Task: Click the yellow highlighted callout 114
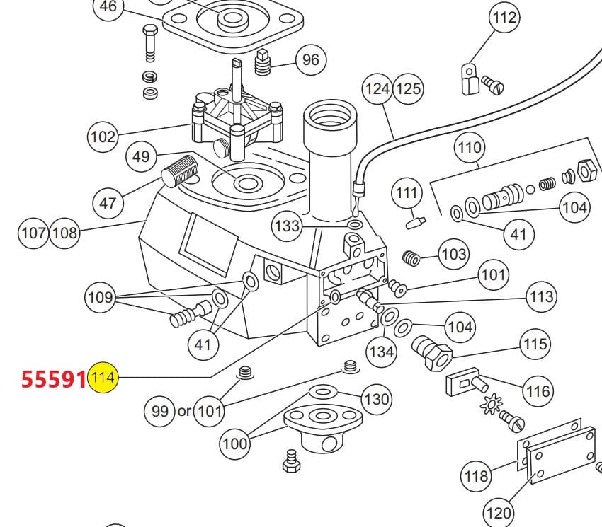(x=103, y=378)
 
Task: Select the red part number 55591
(x=53, y=379)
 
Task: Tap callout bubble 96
(x=311, y=59)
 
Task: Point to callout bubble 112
(x=504, y=18)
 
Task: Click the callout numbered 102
(x=103, y=137)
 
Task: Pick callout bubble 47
(x=108, y=203)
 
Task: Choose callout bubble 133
(x=288, y=226)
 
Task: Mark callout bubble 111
(x=407, y=193)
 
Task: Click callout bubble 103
(x=453, y=254)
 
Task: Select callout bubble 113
(x=541, y=296)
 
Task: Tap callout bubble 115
(x=535, y=344)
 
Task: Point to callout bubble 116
(x=538, y=391)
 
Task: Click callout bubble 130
(x=376, y=399)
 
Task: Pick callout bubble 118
(x=475, y=476)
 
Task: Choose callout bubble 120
(x=499, y=514)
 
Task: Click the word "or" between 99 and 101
(x=184, y=411)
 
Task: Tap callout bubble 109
(x=100, y=296)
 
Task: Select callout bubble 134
(x=381, y=351)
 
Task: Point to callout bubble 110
(x=469, y=148)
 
